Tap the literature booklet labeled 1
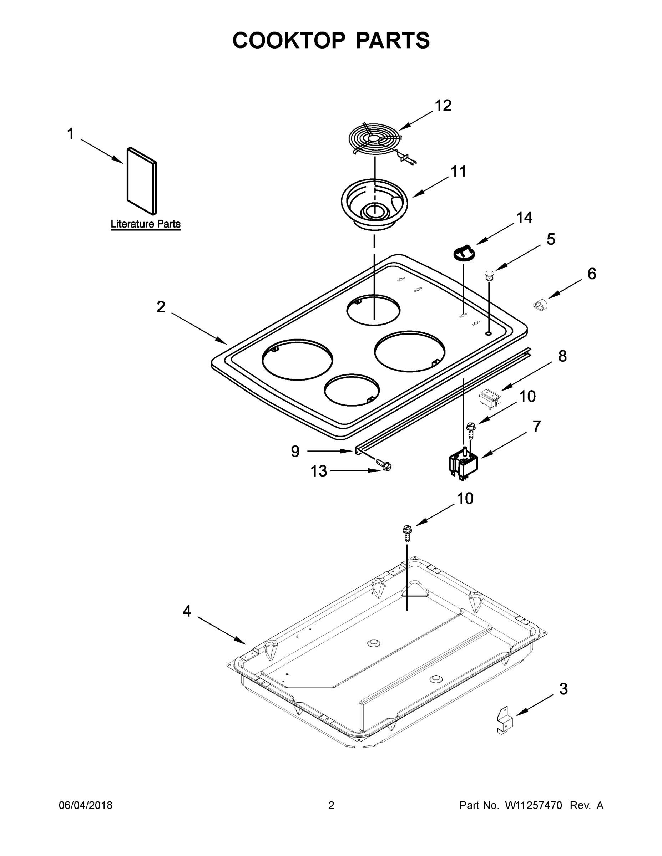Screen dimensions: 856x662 coord(142,181)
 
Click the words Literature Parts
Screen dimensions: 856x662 coord(146,224)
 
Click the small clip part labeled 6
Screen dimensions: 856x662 coord(540,305)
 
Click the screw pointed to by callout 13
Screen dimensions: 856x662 coord(384,465)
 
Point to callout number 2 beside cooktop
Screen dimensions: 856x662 coord(161,307)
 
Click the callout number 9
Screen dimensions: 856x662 coord(295,452)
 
